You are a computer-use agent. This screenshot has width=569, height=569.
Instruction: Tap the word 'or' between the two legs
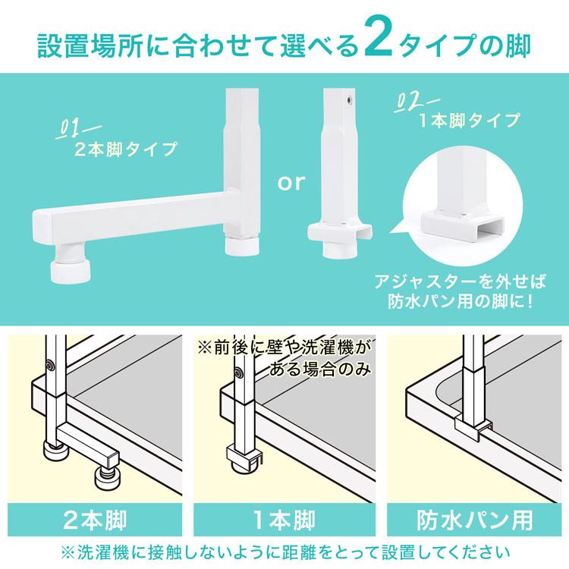pyautogui.click(x=291, y=183)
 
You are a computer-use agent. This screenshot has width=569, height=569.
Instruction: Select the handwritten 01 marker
pyautogui.click(x=77, y=130)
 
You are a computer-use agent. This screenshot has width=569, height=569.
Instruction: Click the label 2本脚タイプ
pyautogui.click(x=126, y=149)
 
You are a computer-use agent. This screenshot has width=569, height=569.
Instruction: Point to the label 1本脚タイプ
pyautogui.click(x=470, y=121)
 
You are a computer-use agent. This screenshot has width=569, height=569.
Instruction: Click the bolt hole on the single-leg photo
pyautogui.click(x=349, y=99)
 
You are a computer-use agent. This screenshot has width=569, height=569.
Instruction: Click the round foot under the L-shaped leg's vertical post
pyautogui.click(x=242, y=246)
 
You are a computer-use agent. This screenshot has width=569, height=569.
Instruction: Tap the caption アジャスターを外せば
pyautogui.click(x=460, y=281)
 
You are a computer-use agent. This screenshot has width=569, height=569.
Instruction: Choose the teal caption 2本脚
pyautogui.click(x=95, y=520)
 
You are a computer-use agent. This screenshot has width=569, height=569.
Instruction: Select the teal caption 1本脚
pyautogui.click(x=284, y=520)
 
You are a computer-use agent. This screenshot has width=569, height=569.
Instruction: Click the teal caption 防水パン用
pyautogui.click(x=474, y=520)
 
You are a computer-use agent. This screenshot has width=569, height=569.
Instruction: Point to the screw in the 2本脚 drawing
pyautogui.click(x=50, y=366)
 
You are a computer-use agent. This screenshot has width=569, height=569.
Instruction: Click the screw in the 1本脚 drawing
pyautogui.click(x=240, y=373)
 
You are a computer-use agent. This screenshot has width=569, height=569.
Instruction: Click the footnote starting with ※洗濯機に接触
pyautogui.click(x=284, y=553)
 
